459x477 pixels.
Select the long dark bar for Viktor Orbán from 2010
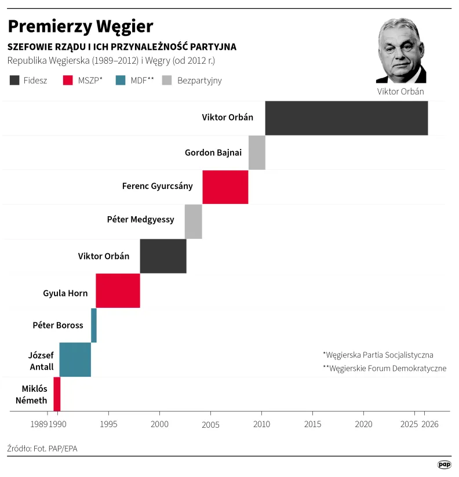[x=346, y=118]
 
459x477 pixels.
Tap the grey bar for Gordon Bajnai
[x=257, y=152]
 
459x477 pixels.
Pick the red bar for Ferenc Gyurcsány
[x=225, y=187]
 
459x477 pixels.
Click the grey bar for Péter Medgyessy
[x=193, y=221]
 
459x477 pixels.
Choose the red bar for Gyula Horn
[x=118, y=290]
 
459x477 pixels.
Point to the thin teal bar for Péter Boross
[x=94, y=325]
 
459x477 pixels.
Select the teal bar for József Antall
[x=75, y=359]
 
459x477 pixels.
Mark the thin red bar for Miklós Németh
[x=57, y=394]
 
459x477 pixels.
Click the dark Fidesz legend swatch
[x=14, y=81]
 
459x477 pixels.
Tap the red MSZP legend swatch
[x=68, y=81]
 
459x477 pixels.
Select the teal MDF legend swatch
[x=121, y=81]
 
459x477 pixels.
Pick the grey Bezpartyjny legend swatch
[x=167, y=81]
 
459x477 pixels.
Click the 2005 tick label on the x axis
[x=210, y=424]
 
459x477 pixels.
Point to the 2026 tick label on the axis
[x=430, y=424]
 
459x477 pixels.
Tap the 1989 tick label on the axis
[x=39, y=424]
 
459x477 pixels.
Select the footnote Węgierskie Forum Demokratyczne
[x=384, y=369]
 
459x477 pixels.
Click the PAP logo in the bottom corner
[x=444, y=464]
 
